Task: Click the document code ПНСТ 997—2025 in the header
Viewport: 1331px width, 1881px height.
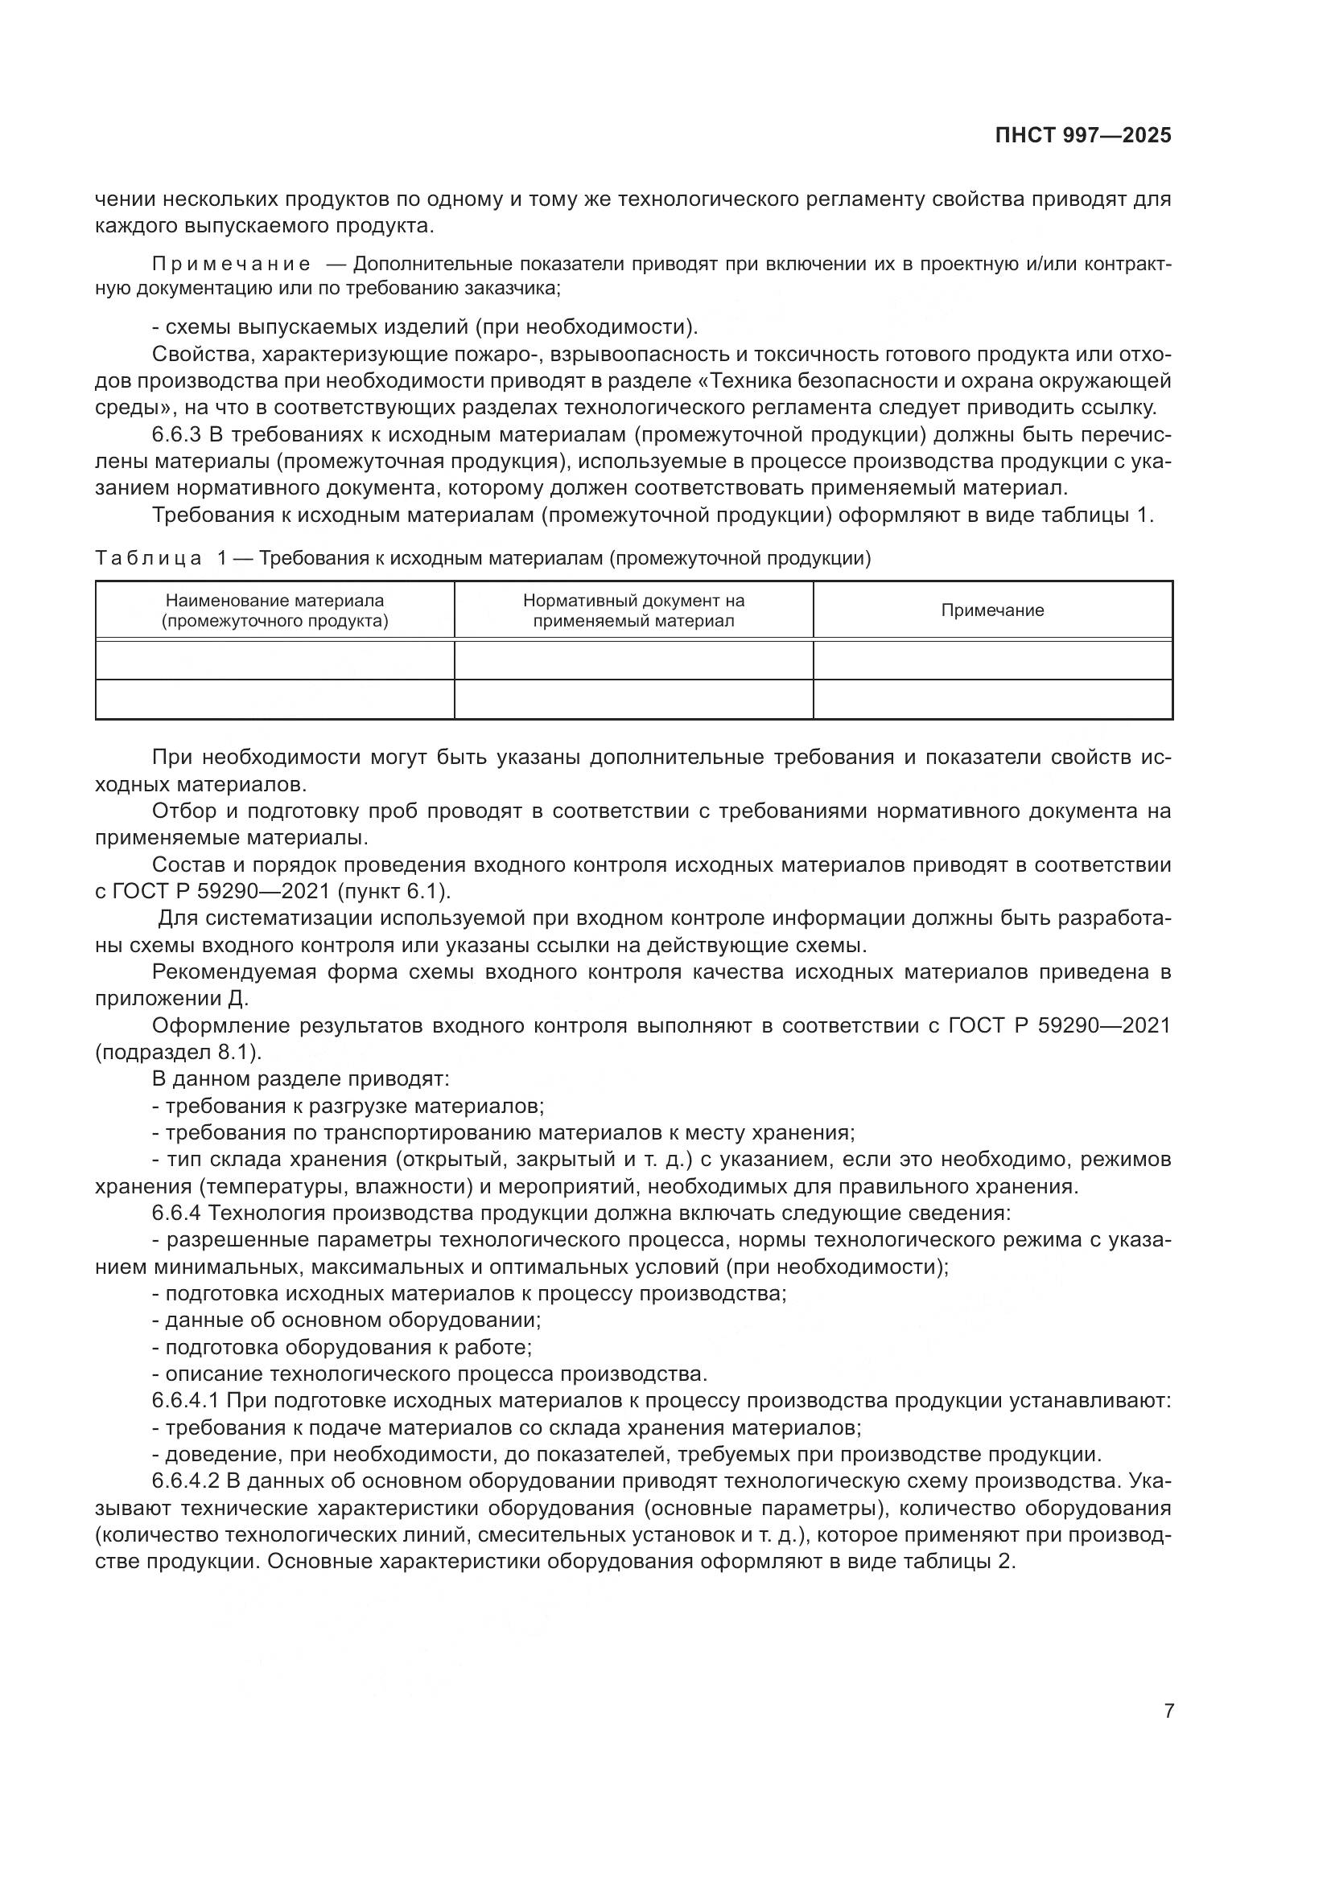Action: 1082,136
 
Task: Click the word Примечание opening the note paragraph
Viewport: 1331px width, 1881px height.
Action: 231,265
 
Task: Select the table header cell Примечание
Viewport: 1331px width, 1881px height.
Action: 991,610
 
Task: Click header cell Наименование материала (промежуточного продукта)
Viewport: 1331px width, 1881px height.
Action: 274,610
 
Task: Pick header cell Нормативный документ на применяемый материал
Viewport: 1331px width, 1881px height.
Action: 633,610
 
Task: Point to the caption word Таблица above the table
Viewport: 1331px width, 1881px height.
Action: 148,559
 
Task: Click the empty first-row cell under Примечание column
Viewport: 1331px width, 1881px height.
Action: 991,660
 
